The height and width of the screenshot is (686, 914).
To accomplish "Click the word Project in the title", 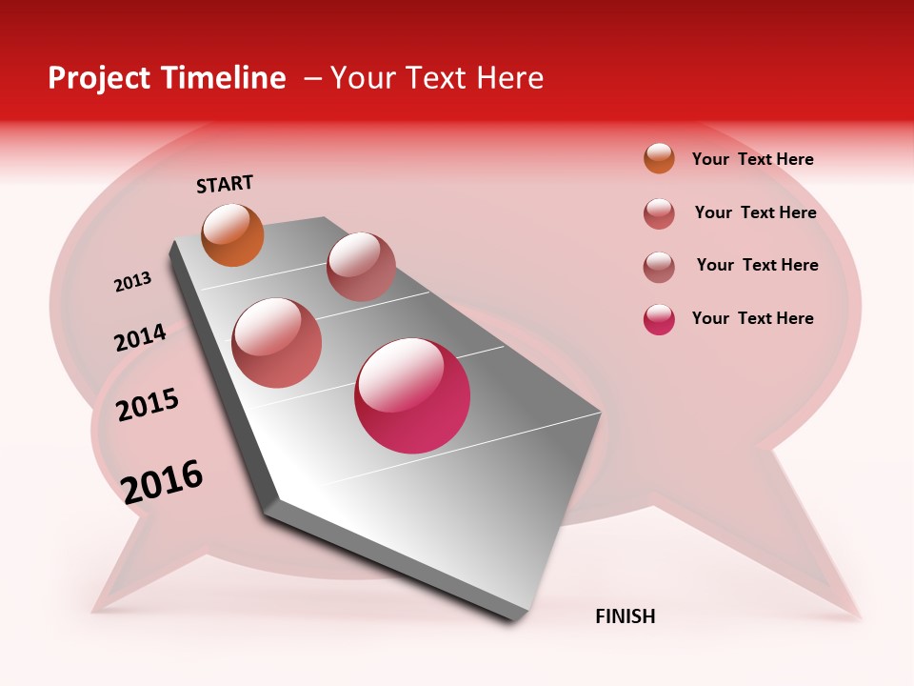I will coord(98,79).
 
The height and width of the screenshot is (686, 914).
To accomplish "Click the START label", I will coord(225,184).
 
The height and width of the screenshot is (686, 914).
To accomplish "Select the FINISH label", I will coord(625,616).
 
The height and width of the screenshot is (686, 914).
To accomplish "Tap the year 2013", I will coord(132,282).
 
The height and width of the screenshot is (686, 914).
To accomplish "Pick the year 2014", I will coord(140,337).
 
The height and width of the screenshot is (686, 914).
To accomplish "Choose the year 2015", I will coord(148,405).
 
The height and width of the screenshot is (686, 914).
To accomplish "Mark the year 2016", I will coord(162,482).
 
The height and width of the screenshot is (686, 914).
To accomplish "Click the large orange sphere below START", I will coord(232,234).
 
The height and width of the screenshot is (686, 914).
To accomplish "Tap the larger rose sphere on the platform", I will coord(277,343).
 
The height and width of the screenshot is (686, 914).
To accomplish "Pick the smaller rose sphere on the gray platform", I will coord(361,267).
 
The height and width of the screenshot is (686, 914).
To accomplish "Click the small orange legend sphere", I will coord(659,158).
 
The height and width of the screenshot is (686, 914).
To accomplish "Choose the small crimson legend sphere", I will coord(659,319).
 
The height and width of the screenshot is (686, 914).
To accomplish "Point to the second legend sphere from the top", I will coord(659,213).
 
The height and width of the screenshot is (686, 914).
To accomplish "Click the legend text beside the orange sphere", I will coord(752,159).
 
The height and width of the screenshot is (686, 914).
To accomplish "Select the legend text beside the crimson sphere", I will coord(752,318).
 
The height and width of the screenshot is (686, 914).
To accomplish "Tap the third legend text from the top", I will coord(757,265).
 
